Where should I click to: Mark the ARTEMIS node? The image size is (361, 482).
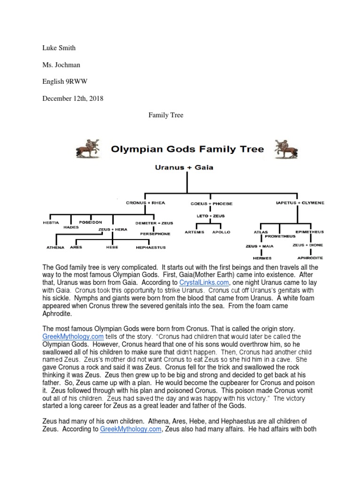coord(195,232)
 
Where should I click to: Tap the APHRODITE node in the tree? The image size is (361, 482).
coord(309,257)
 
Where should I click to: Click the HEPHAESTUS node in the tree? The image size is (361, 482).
coord(150,247)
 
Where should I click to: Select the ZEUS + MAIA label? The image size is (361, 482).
coord(260,245)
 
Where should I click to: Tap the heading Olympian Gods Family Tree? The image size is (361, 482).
coord(188,150)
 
